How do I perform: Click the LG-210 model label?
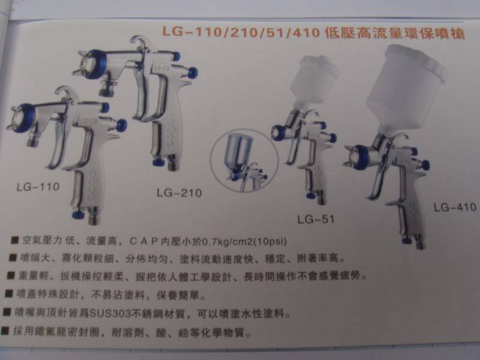coord(178,193)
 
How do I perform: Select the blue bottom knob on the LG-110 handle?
coord(78,214)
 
